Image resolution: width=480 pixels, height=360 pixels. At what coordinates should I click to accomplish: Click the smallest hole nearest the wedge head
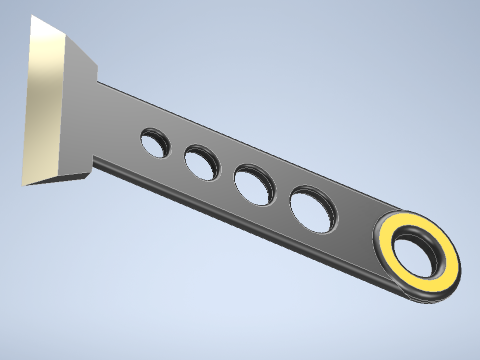click(155, 143)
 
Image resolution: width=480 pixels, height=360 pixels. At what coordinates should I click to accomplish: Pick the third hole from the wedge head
click(254, 184)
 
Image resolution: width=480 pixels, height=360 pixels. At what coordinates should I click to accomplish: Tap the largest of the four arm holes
click(313, 209)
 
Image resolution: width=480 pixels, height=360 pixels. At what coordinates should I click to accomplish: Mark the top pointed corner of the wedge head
click(32, 15)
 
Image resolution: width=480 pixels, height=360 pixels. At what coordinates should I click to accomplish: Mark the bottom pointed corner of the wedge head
click(23, 185)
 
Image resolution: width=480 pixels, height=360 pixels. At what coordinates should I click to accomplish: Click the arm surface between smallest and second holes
click(177, 152)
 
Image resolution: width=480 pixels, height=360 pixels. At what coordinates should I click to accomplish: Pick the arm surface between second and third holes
click(227, 172)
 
